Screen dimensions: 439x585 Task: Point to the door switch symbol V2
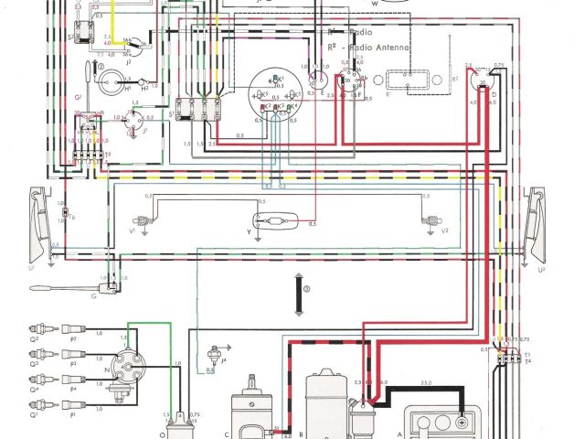pos(426,220)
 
